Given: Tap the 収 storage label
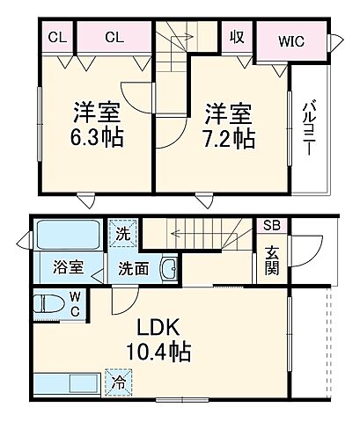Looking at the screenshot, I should coord(239,37).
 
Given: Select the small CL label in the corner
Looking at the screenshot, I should coord(56,37).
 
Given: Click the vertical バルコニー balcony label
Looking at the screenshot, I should coord(310,128).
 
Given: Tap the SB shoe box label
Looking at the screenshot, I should coord(269,225).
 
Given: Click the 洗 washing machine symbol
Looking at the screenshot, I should coord(123,235).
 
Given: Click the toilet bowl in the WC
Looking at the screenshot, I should coord(48,306).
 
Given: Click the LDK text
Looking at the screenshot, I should coord(158,329).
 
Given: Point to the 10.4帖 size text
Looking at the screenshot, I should coord(158,353).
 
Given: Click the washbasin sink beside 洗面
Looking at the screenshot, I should coord(171,269).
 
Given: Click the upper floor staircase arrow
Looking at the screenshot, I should coord(175,39).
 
